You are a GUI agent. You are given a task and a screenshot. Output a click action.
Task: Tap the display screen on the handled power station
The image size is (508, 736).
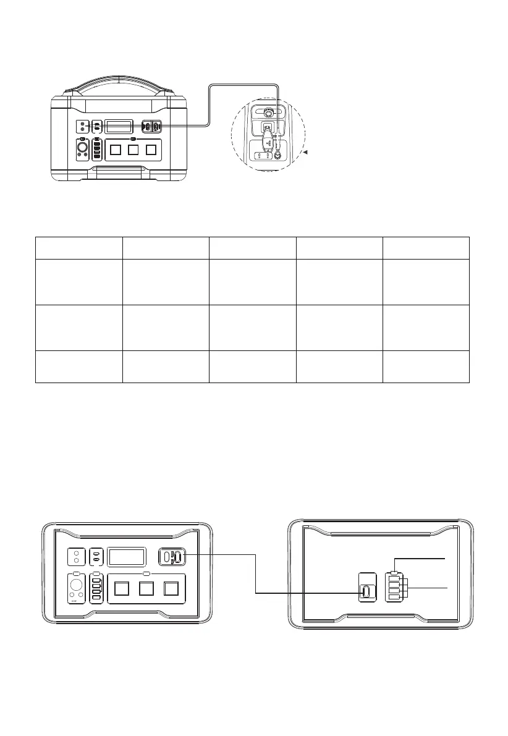[x=118, y=127]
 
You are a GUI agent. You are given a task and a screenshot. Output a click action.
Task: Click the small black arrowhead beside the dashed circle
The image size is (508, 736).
[x=305, y=151]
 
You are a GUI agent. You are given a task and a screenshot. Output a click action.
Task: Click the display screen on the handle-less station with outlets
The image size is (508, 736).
[x=127, y=556]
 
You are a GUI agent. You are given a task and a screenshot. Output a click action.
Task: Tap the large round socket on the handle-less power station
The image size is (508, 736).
[x=75, y=585]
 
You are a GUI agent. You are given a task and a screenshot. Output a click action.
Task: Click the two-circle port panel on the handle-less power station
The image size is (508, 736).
[x=75, y=557]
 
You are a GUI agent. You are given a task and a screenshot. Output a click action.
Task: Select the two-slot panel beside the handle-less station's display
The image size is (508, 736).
[x=96, y=557]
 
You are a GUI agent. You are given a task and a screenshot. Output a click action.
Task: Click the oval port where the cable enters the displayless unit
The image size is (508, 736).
[x=366, y=590]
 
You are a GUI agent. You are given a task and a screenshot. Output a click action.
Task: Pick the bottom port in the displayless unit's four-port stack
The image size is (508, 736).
[x=394, y=597]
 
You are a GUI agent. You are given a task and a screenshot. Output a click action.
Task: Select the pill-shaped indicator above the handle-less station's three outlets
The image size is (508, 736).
[x=146, y=573]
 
